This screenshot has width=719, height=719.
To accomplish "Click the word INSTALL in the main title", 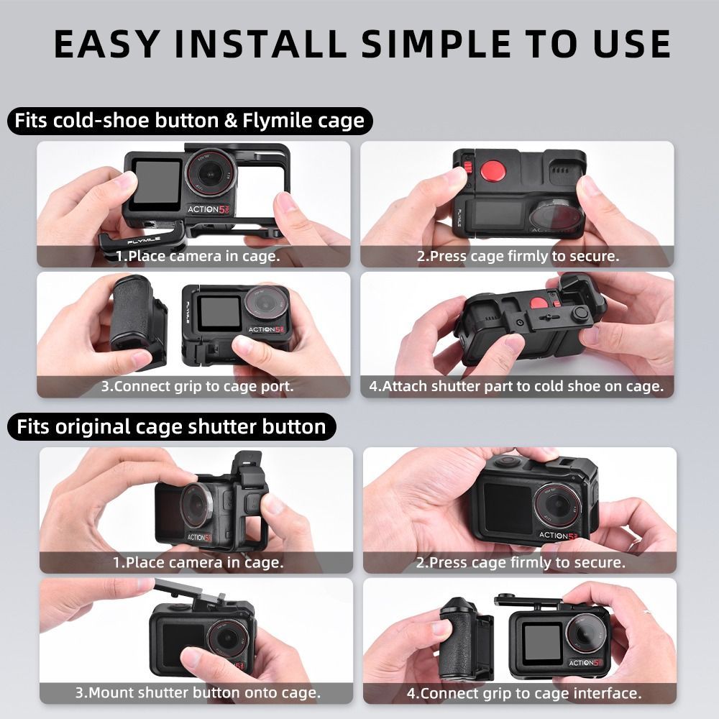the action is point(260,44).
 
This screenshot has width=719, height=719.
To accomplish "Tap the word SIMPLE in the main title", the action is point(436,44).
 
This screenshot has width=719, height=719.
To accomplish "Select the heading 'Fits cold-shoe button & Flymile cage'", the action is point(189,121).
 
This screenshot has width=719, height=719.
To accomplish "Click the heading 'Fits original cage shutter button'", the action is point(171,426).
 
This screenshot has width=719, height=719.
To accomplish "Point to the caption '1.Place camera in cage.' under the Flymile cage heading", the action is point(198,256).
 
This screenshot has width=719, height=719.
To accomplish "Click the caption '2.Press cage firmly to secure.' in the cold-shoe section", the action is point(518,256).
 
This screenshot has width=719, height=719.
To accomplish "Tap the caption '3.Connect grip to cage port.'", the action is point(197,386).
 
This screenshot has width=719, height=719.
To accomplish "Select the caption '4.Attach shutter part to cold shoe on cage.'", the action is point(516,386).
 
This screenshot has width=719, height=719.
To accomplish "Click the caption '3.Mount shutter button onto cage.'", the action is point(198,692).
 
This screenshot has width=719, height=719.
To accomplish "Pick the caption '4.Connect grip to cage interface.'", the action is point(523,693).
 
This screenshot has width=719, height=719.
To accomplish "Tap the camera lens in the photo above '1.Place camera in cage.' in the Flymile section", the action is point(211,174).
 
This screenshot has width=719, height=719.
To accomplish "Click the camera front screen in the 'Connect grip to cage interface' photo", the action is point(542,643).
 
